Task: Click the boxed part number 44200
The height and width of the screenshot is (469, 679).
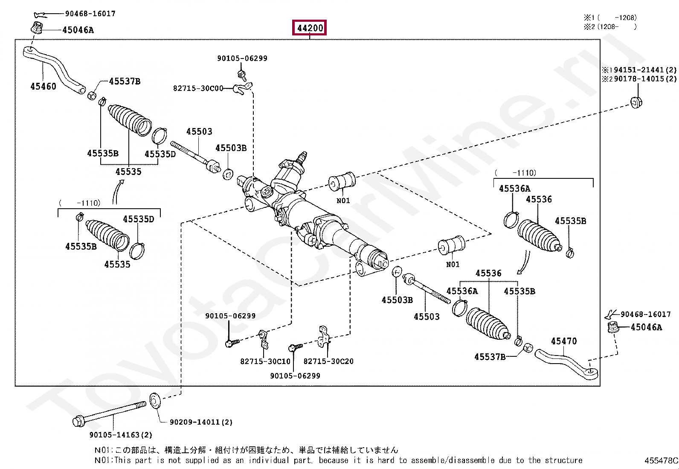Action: [x=310, y=28]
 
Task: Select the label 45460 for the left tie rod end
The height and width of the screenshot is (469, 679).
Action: [x=43, y=86]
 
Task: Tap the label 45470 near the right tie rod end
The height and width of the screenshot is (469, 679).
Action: [x=563, y=341]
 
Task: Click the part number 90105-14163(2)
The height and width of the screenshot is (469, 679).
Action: [x=121, y=435]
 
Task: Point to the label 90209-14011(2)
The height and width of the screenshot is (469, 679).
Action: [x=201, y=422]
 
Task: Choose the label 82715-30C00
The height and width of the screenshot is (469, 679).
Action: [x=198, y=88]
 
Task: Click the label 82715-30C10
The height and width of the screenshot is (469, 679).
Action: [x=265, y=361]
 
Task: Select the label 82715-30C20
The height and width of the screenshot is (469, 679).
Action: [x=328, y=361]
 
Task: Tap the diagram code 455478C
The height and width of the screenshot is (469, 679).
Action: [x=661, y=461]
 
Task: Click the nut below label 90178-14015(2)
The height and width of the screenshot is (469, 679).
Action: [x=636, y=102]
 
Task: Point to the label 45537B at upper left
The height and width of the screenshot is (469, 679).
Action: [x=125, y=81]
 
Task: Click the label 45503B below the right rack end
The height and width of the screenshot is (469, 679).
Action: [x=397, y=300]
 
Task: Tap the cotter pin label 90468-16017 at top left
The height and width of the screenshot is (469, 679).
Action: [x=90, y=14]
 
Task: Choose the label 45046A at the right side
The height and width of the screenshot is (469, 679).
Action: [x=646, y=327]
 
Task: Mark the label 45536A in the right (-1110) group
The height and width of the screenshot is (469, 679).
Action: [x=514, y=188]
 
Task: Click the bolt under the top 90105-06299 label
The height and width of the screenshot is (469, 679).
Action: [x=241, y=76]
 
